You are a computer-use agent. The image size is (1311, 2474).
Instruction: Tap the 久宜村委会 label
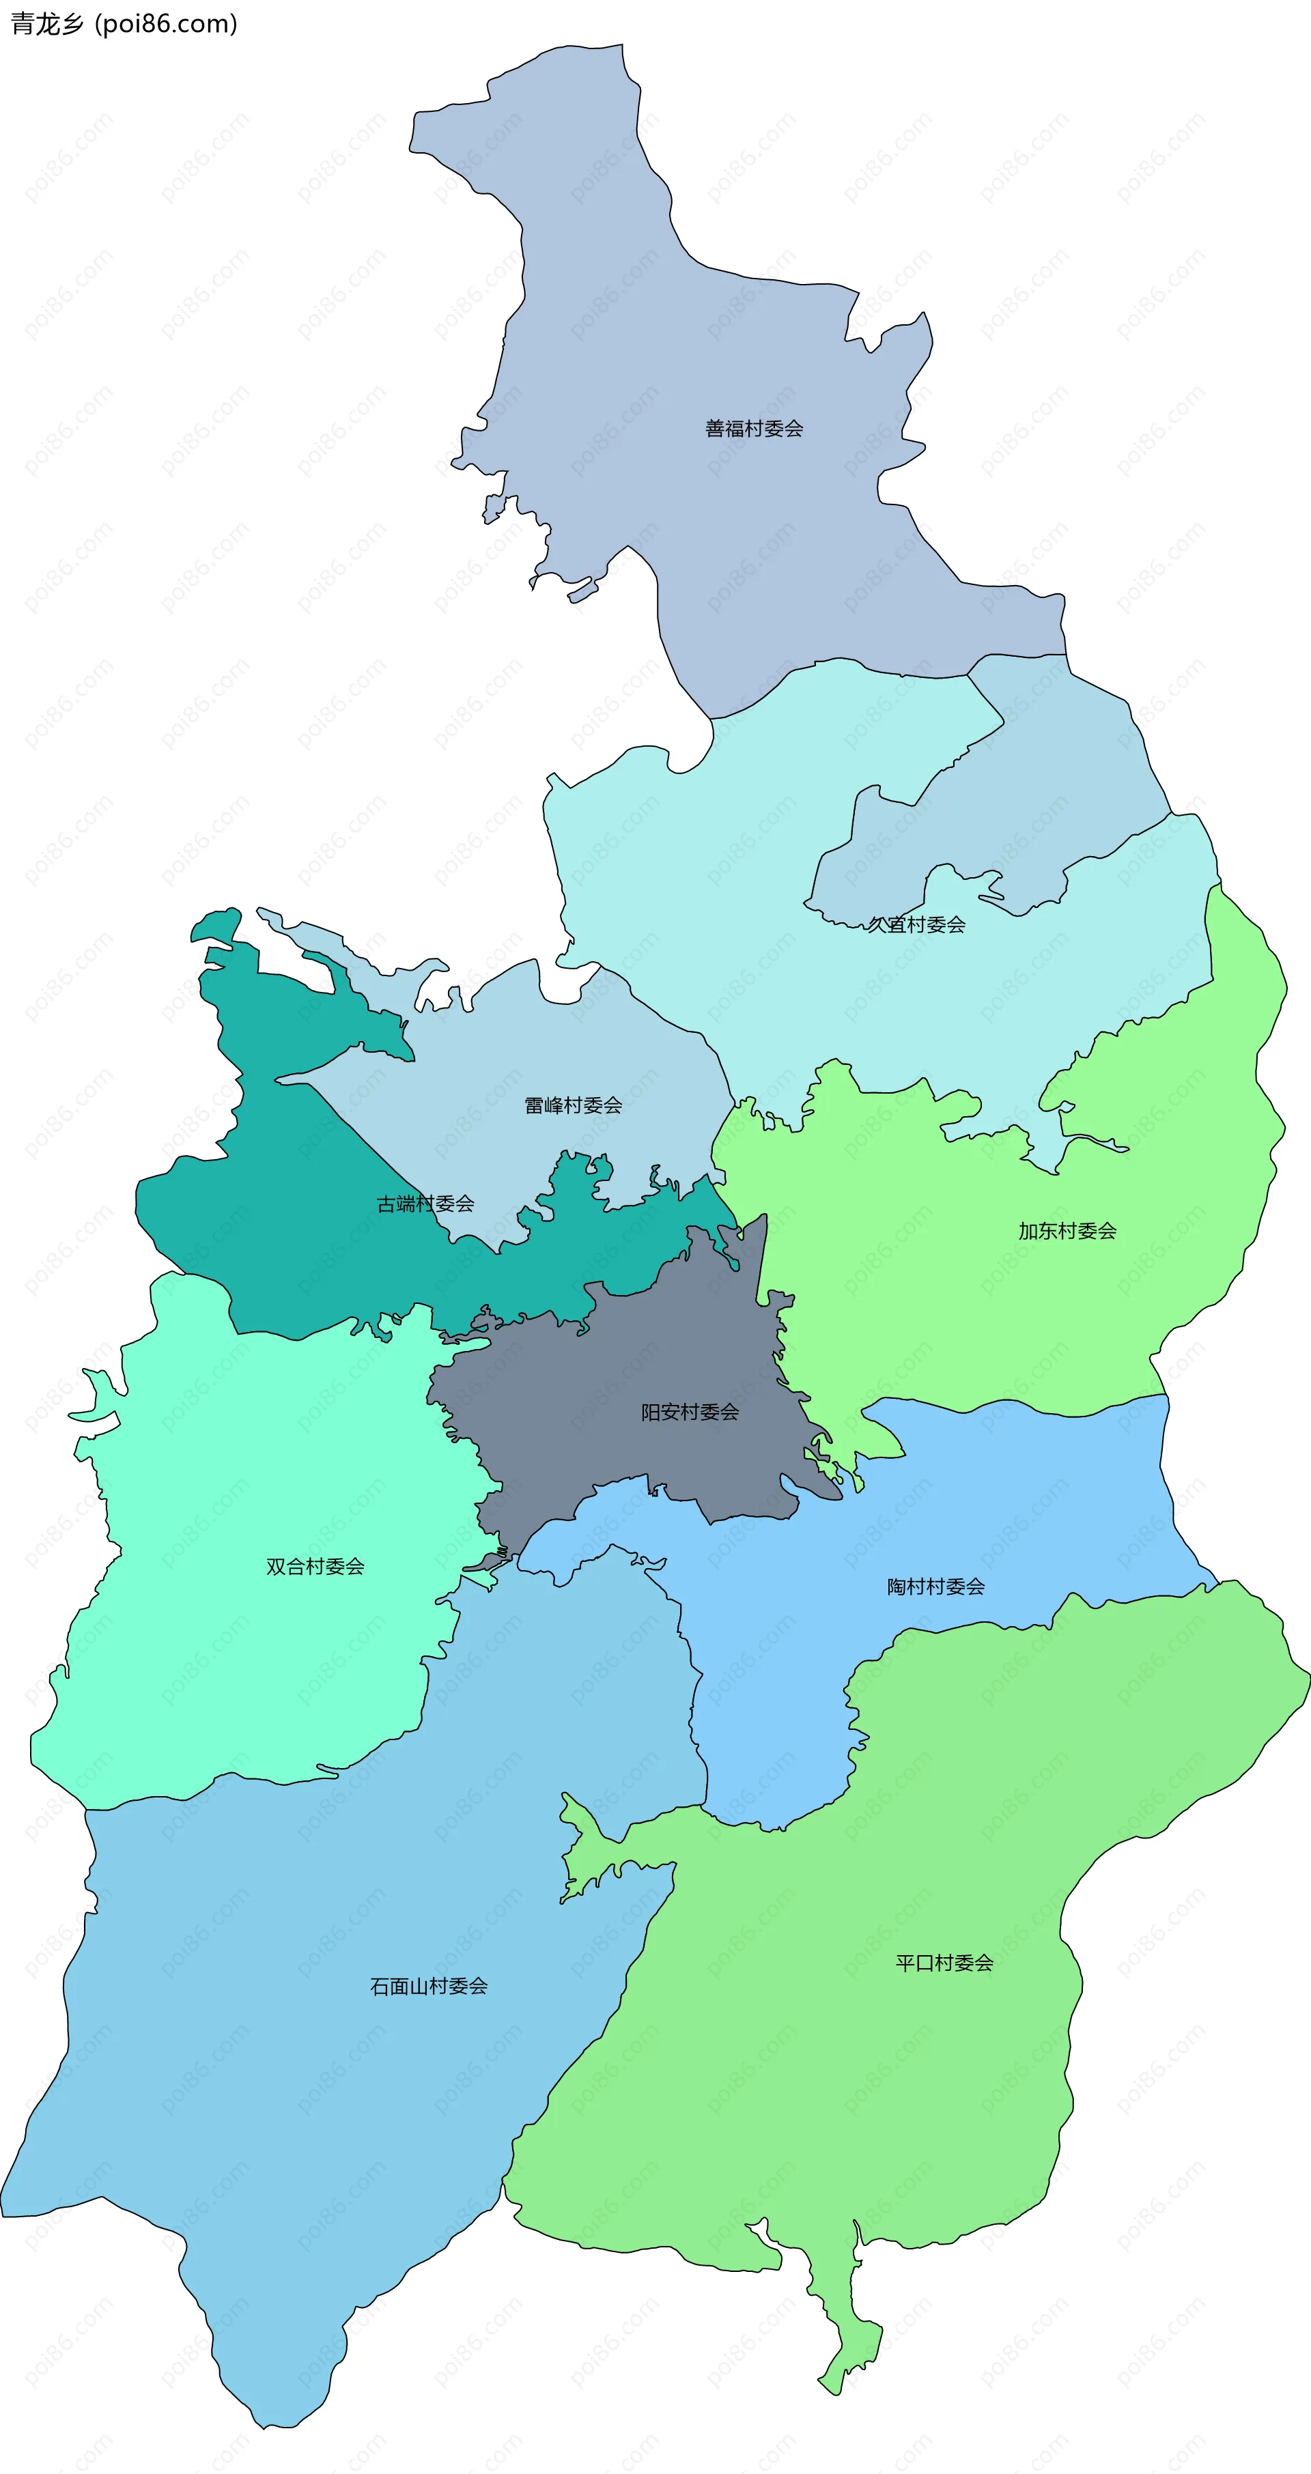(916, 925)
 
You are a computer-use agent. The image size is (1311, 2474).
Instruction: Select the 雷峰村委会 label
(574, 1105)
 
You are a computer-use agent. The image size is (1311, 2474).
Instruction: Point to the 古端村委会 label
(425, 1204)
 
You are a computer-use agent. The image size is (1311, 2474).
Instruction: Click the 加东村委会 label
(1067, 1232)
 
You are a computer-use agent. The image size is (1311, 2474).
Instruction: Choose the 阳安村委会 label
(690, 1412)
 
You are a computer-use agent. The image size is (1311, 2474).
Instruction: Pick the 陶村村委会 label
(935, 1587)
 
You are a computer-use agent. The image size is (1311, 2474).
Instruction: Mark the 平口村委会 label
(944, 1963)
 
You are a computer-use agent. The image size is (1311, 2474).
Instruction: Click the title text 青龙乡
(47, 24)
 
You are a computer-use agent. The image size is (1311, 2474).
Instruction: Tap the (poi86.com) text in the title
(166, 24)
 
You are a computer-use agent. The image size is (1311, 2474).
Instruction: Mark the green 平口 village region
(864, 2113)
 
